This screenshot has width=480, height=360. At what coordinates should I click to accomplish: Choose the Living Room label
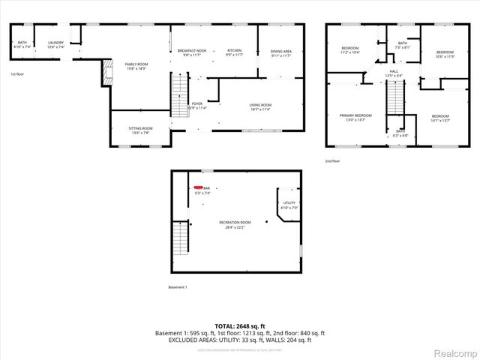(x=260, y=106)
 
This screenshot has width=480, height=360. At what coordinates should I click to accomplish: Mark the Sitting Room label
(x=141, y=130)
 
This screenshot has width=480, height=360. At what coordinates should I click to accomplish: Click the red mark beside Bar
(x=198, y=187)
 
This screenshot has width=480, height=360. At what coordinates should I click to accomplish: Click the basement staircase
(x=181, y=239)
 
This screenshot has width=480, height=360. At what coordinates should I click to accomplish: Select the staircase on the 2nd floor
(x=394, y=95)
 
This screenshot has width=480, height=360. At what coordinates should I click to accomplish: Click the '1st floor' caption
(x=17, y=74)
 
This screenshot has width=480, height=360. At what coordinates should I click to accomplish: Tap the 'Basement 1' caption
(x=178, y=287)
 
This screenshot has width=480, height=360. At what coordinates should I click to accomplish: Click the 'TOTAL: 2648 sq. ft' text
(x=239, y=326)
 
